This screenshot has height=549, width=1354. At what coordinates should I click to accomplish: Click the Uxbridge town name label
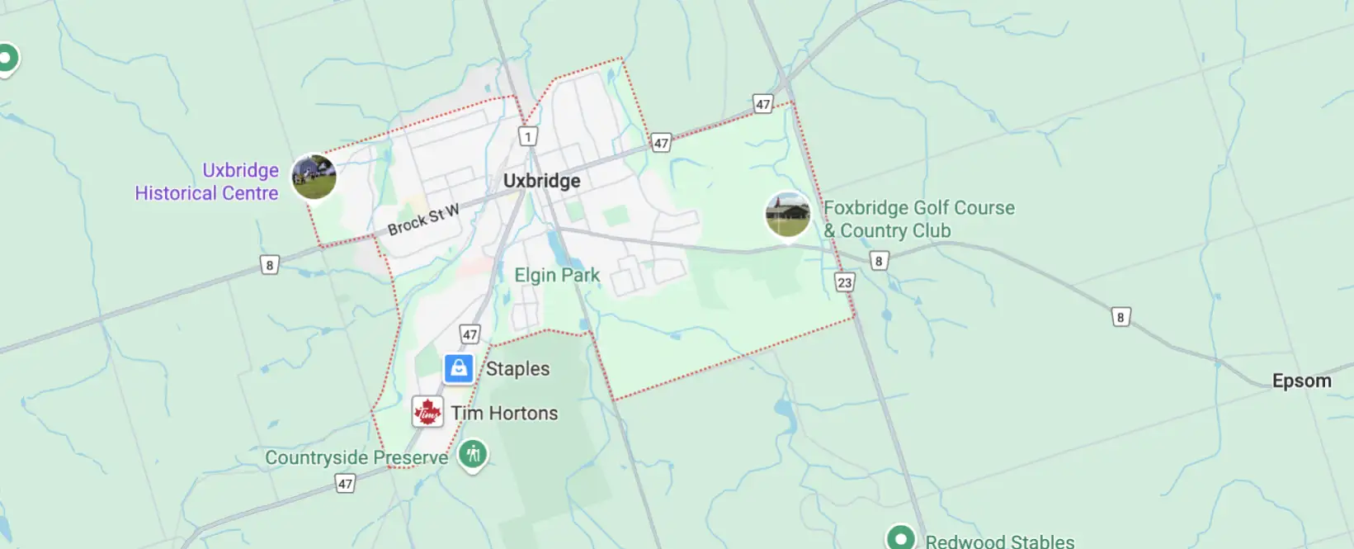point(541,181)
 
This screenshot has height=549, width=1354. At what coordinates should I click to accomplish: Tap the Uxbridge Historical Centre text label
point(207,182)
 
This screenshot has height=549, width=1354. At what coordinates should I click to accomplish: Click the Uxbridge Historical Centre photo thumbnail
point(314,177)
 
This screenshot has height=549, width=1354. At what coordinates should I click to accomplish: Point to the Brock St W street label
point(423,220)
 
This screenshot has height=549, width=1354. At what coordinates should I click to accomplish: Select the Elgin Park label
point(557,275)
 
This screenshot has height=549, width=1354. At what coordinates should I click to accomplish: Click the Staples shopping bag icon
point(459,368)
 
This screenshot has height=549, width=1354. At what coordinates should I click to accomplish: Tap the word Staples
point(517,369)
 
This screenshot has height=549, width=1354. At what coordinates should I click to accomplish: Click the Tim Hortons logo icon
point(427,412)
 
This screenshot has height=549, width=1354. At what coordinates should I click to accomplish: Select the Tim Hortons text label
point(504,413)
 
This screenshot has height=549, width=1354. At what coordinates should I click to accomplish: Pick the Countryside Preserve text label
point(356,457)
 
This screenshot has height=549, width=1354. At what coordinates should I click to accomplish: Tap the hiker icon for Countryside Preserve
point(473,453)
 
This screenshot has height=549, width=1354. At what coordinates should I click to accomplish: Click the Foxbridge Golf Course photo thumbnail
point(788,215)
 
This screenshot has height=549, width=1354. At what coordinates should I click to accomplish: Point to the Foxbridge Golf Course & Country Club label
point(918,220)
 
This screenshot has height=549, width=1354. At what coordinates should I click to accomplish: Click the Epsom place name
point(1301,381)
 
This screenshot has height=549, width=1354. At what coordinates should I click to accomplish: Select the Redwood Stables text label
point(999,541)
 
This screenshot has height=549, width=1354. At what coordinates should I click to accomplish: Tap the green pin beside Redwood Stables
point(901,538)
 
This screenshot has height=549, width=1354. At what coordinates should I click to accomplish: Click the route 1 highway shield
point(528,136)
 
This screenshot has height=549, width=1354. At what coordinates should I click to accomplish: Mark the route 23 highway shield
point(844,282)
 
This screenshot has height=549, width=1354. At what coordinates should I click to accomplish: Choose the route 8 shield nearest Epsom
point(1120,317)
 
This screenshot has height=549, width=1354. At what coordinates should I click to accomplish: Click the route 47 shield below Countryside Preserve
point(346,484)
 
